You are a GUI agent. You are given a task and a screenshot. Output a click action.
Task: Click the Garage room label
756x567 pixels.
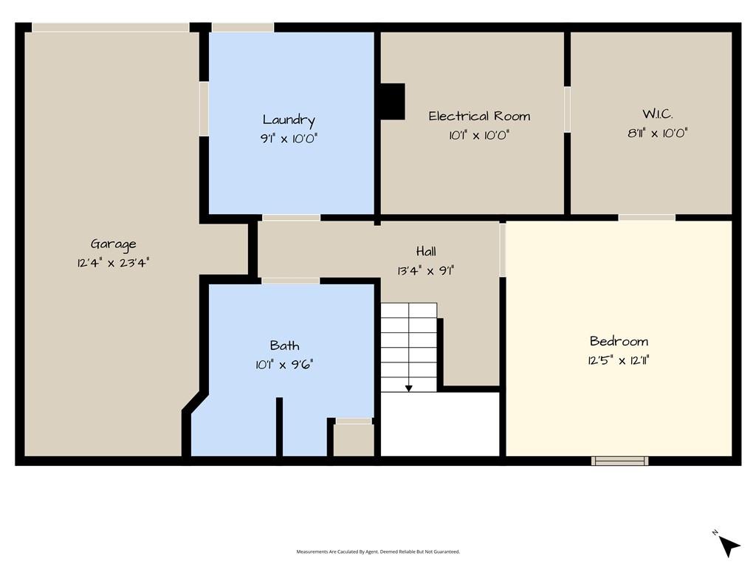coord(113,244)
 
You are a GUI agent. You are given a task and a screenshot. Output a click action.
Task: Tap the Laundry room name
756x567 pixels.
coord(289,120)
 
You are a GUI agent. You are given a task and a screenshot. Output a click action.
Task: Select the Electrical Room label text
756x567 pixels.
coord(479,116)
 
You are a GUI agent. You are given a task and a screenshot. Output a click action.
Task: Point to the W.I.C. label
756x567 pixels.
coord(657,114)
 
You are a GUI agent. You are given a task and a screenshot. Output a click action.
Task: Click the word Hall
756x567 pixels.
coord(426,251)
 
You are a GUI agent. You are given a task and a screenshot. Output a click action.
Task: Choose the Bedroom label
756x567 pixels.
coord(619,341)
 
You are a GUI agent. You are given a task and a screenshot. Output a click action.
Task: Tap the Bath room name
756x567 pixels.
coord(284,346)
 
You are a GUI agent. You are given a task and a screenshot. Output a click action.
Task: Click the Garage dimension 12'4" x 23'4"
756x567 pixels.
coord(113,263)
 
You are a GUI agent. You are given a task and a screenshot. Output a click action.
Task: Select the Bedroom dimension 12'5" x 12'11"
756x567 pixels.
coord(619,360)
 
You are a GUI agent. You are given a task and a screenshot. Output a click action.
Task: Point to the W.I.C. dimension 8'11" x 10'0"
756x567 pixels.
coord(657,133)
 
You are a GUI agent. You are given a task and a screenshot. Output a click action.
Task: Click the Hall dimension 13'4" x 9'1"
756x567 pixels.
coord(426,270)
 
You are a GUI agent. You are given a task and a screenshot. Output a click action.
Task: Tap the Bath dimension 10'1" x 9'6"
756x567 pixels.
coord(284,365)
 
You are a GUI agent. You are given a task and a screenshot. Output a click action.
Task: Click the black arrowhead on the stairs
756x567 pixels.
coord(409,388)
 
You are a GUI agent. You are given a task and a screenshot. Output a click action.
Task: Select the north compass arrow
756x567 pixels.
coord(729,546)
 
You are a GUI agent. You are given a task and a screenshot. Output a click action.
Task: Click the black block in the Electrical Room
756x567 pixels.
coord(393,101)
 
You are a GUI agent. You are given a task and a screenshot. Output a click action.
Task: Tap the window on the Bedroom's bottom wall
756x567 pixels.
coord(619,461)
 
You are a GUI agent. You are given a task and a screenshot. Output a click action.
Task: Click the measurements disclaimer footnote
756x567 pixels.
coord(378,551)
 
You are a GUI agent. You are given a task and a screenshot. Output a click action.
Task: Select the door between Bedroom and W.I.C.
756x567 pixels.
coord(647,218)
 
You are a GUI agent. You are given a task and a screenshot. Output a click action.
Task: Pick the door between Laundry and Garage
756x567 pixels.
coord(204,109)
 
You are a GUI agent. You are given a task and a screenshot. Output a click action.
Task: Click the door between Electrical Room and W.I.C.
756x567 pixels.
coord(568,109)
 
